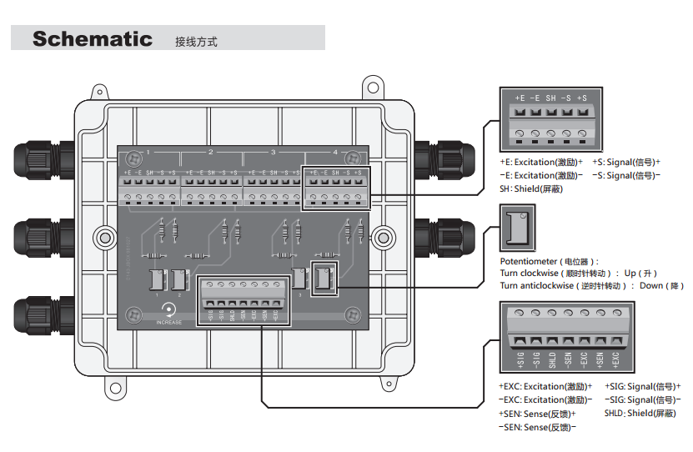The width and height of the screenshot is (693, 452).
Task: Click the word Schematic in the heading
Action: tap(92, 39)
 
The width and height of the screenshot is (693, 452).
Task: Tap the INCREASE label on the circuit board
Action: tap(168, 322)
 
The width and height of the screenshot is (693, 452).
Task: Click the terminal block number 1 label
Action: tap(148, 153)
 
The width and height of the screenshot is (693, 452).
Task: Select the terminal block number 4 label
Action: tap(335, 153)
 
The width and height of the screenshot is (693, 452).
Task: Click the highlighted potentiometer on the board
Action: tap(321, 279)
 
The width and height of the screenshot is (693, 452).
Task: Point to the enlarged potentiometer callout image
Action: tap(516, 228)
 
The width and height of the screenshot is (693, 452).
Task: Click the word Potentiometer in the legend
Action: tap(531, 261)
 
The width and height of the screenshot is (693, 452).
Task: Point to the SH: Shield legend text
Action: tap(531, 189)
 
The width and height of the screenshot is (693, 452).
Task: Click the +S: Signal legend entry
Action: tap(626, 162)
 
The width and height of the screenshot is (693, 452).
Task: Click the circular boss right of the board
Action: tap(383, 238)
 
